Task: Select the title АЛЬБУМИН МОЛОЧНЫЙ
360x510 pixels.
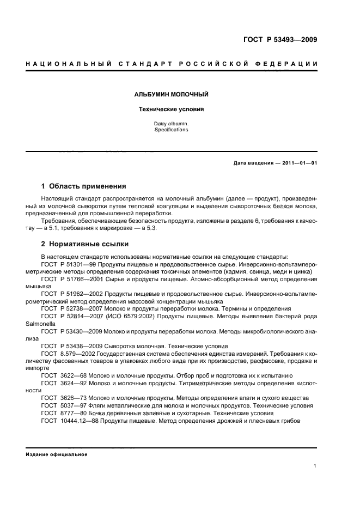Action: pyautogui.click(x=171, y=95)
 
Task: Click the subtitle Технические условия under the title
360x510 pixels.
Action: pyautogui.click(x=171, y=109)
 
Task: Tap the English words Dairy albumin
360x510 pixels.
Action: pyautogui.click(x=171, y=124)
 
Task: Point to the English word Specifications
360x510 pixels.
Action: pyautogui.click(x=171, y=130)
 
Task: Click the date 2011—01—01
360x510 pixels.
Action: pyautogui.click(x=297, y=163)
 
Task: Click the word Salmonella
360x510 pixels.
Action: pyautogui.click(x=41, y=323)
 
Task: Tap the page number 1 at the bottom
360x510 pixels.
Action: pyautogui.click(x=315, y=466)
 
